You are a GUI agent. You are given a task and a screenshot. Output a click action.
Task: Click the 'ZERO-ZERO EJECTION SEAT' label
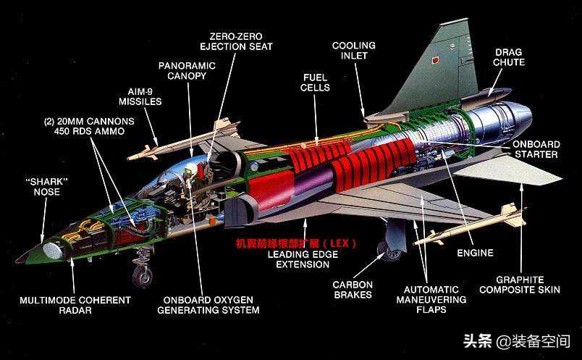(x=242, y=41)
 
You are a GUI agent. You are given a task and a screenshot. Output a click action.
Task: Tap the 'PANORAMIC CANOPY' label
(x=188, y=70)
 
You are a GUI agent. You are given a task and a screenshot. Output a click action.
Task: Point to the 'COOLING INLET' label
(x=353, y=51)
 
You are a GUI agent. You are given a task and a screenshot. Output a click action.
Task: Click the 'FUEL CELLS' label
(x=316, y=82)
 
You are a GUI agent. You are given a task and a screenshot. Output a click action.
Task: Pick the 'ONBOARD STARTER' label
(x=536, y=149)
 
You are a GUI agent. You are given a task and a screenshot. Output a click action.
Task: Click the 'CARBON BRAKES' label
(x=353, y=290)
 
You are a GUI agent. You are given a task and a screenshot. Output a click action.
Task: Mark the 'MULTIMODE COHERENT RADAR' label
(x=75, y=305)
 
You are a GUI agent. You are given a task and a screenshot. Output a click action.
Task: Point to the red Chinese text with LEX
(x=296, y=243)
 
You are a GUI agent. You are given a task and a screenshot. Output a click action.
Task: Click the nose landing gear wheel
(x=142, y=276)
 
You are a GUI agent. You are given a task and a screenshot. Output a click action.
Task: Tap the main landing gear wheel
(x=392, y=251)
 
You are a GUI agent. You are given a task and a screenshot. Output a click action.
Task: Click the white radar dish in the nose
(x=51, y=250)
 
